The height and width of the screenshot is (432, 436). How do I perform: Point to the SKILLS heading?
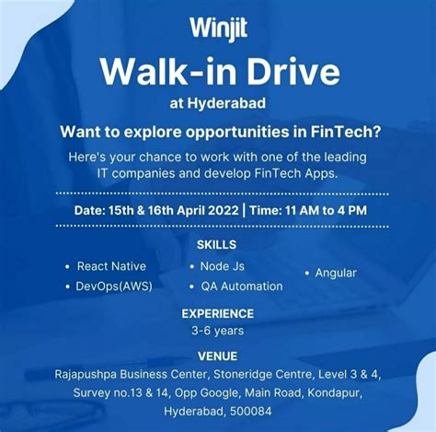coord(217,245)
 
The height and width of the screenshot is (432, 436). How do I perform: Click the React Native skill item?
coord(111,266)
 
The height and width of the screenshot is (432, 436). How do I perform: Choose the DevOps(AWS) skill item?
coord(114,286)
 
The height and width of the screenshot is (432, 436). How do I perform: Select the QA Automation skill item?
coord(242,286)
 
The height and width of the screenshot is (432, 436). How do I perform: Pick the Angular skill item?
coord(335,273)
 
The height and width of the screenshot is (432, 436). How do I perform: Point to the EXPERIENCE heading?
coord(217,313)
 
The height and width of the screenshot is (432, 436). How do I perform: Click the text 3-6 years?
coord(217,330)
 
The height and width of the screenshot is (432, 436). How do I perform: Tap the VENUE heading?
coord(217,356)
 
